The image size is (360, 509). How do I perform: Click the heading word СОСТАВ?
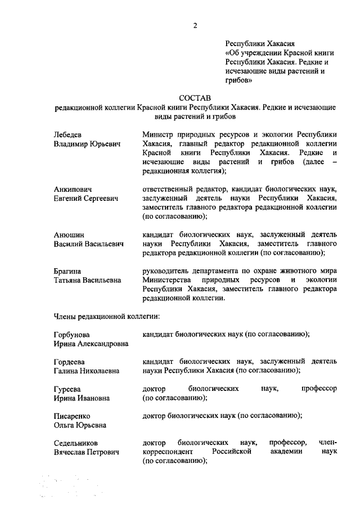(x=195, y=98)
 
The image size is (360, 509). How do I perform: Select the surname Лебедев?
(x=67, y=135)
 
